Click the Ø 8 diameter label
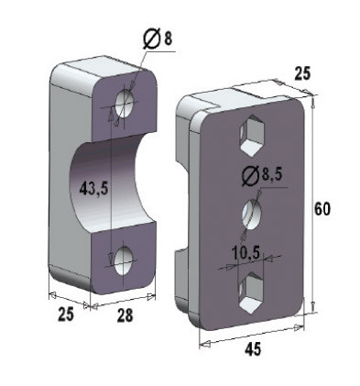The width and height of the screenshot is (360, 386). [x=158, y=39]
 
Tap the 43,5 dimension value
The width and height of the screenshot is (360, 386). [x=93, y=190]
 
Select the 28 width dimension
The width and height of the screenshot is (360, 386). [x=125, y=315]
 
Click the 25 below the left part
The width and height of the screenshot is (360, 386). [x=66, y=314]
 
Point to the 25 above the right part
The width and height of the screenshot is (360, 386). [x=302, y=73]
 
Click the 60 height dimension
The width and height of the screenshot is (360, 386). [x=322, y=210]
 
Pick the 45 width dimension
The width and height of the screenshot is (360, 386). [x=253, y=348]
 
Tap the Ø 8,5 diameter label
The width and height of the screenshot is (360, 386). [x=262, y=176]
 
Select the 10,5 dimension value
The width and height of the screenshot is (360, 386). [x=245, y=253]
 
